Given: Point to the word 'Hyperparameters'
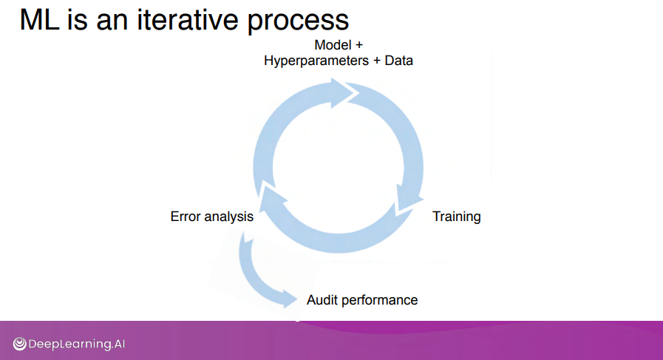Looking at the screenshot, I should pos(314,61).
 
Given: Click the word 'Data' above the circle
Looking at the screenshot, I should pos(398,61).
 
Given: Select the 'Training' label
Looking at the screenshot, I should pos(456,217).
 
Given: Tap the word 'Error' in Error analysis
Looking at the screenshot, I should pos(186,217).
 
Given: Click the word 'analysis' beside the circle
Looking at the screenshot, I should pos(229,217).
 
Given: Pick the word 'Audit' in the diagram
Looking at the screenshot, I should pos(322,299).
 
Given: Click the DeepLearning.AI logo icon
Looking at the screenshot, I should pos(19,344).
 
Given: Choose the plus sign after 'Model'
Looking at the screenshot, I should pos(358,45).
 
